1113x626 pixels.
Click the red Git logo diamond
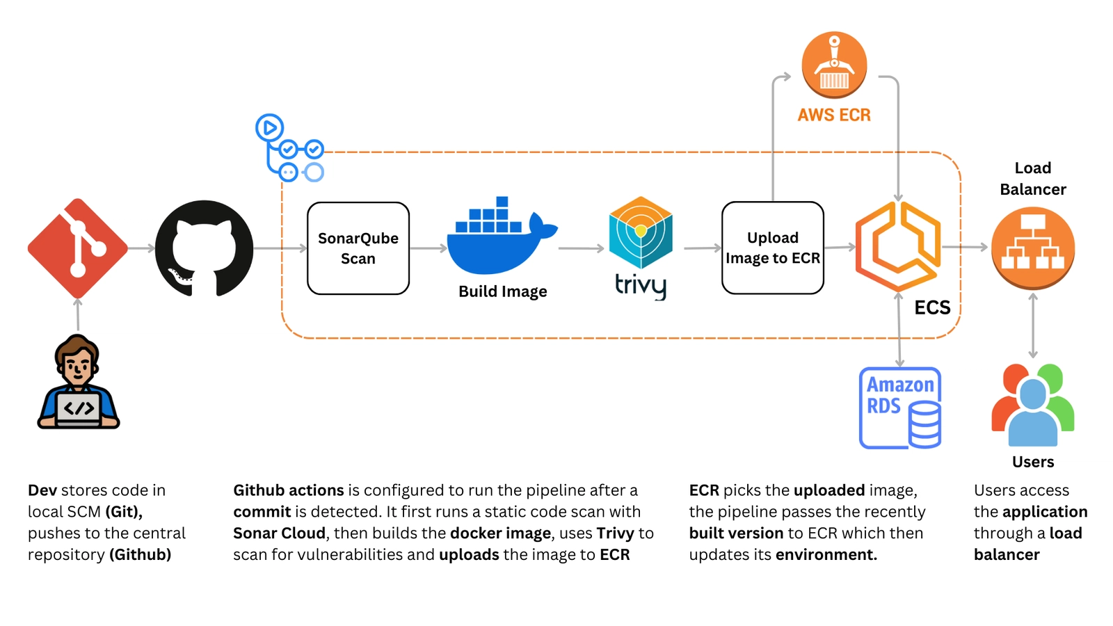(x=77, y=248)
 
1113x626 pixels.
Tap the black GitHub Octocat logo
(x=204, y=248)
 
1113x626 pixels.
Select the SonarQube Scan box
(x=358, y=248)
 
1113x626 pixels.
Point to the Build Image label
(x=502, y=291)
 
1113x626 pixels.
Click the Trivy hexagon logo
(x=641, y=233)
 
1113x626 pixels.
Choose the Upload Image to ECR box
(x=772, y=248)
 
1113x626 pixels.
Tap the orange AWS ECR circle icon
(x=834, y=65)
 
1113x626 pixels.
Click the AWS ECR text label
(x=834, y=115)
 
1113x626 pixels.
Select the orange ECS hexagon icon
(x=898, y=247)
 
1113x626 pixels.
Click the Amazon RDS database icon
(x=900, y=408)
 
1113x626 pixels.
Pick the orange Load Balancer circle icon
(x=1033, y=248)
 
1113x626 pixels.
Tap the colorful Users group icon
(x=1033, y=405)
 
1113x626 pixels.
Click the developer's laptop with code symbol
(x=79, y=408)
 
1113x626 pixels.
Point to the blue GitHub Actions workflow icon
(x=287, y=148)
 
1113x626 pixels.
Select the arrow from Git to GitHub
(x=141, y=248)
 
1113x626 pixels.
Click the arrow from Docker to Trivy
(x=581, y=248)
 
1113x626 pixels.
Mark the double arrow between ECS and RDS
(x=899, y=330)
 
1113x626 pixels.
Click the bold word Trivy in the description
(x=615, y=533)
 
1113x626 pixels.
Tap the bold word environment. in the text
(x=826, y=554)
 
